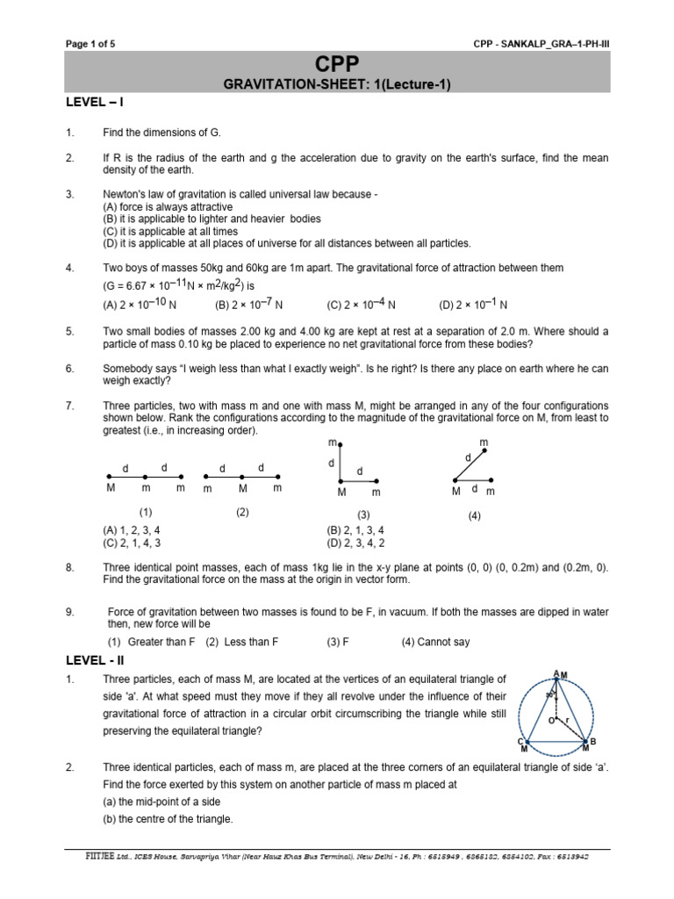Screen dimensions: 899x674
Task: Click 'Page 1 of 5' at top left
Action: point(91,45)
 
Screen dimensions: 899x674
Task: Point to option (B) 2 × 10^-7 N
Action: point(249,305)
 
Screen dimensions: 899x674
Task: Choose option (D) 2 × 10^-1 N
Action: point(474,305)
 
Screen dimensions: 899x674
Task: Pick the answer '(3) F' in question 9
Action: point(338,642)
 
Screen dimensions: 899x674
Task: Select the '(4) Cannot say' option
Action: point(435,642)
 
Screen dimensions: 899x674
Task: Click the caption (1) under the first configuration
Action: point(146,512)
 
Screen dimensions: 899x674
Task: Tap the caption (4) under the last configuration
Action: point(475,516)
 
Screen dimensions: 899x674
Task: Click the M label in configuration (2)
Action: point(241,489)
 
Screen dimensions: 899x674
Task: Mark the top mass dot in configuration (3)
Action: point(341,445)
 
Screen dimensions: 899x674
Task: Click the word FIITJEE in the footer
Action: point(90,854)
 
